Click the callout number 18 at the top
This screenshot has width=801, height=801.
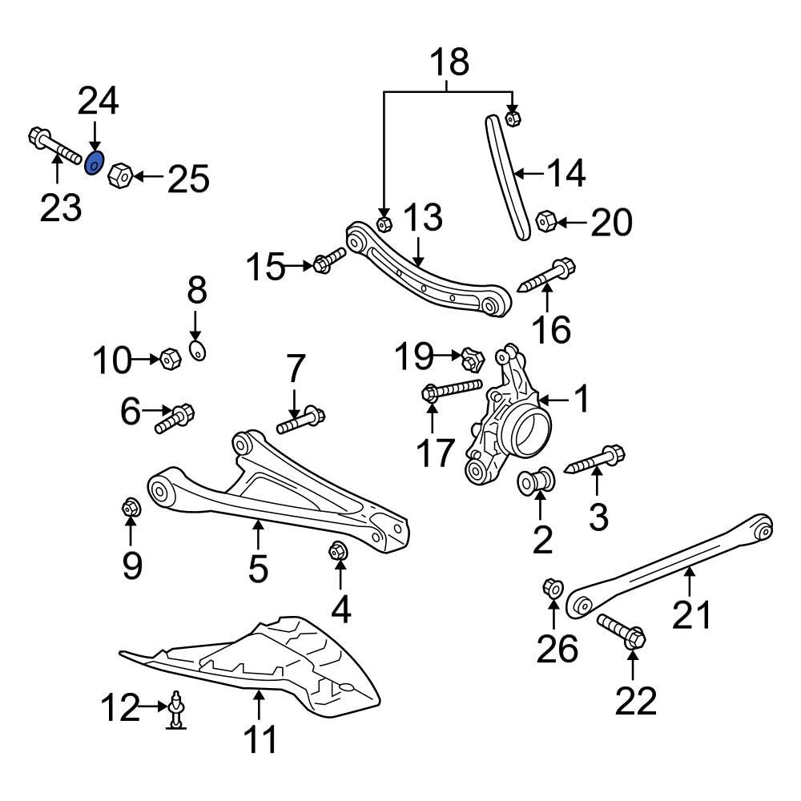coord(449,63)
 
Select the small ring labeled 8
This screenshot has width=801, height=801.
coord(198,350)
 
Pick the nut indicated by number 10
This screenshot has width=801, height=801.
coord(169,360)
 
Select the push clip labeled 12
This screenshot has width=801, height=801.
coord(175,710)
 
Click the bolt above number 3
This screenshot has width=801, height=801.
coord(597,460)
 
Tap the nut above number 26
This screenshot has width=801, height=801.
coord(552,589)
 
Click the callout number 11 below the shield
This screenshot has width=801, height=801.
coord(260,739)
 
